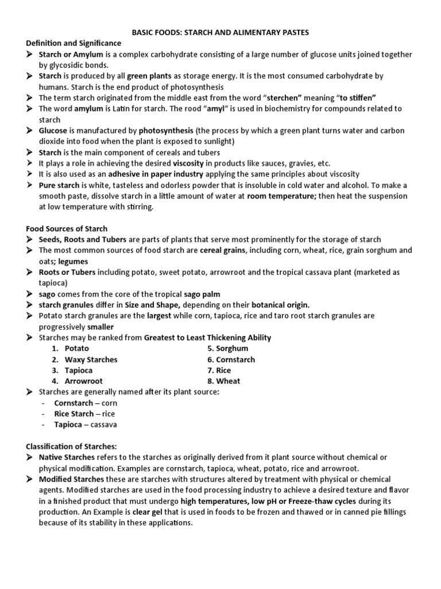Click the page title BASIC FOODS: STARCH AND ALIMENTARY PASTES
point(220,32)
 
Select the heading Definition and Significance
point(73,43)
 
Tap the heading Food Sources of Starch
point(67,228)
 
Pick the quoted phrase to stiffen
point(356,98)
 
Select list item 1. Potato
point(71,349)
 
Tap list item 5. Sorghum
point(228,349)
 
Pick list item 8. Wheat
point(224,381)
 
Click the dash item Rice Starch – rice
point(84,414)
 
